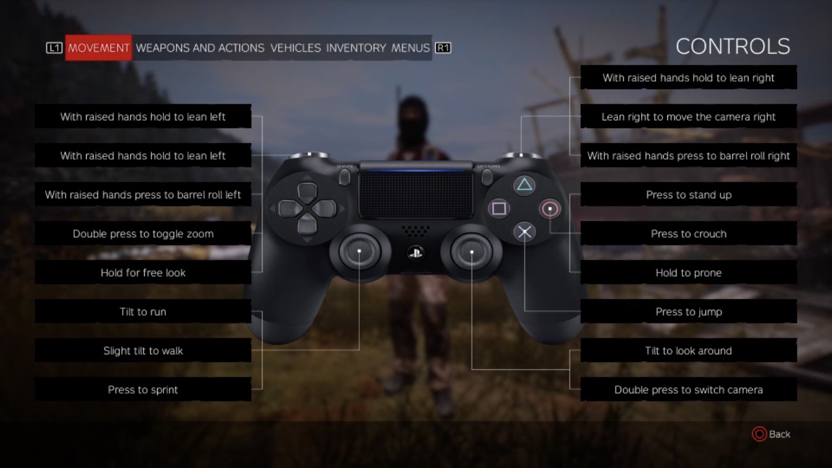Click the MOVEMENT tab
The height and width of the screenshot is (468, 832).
[x=99, y=48]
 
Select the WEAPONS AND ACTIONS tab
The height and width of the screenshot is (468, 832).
[x=200, y=48]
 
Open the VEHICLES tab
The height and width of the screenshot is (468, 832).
[x=295, y=48]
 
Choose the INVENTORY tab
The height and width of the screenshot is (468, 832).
[x=356, y=48]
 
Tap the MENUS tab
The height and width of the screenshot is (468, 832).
[x=410, y=48]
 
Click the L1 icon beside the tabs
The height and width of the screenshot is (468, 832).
[x=54, y=48]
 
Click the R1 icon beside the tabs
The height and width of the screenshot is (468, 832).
[x=443, y=48]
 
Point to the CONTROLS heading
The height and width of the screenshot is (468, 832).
[x=732, y=46]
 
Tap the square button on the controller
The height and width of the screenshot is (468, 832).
[x=498, y=208]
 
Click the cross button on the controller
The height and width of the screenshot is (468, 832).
[x=525, y=233]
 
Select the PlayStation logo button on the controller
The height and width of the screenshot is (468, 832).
[x=415, y=252]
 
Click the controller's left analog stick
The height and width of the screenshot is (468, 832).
[x=360, y=251]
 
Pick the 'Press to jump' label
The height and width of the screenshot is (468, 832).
[x=689, y=312]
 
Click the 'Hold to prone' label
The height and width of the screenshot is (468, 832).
[x=689, y=273]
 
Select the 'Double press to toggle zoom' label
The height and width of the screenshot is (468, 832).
[x=143, y=234]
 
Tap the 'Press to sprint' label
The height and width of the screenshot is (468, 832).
[x=143, y=390]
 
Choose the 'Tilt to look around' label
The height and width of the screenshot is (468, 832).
[x=689, y=351]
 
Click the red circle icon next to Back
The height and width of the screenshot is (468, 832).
[x=759, y=434]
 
